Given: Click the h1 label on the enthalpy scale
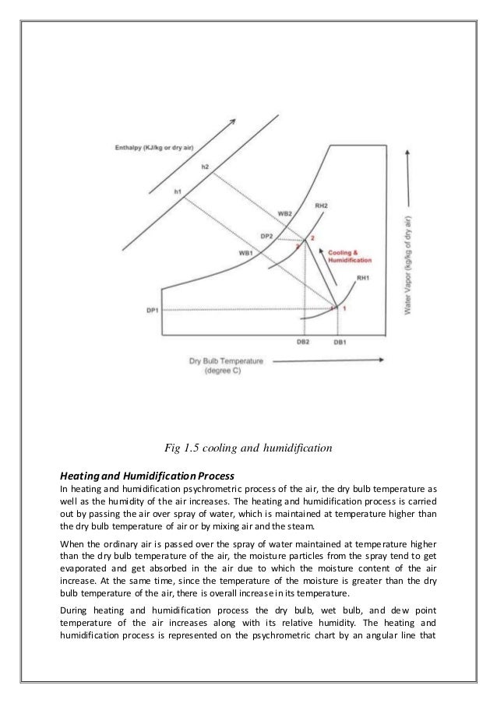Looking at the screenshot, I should point(178,192).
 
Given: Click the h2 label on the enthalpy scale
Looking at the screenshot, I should point(205,167).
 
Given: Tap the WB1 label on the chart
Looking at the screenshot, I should point(246,252).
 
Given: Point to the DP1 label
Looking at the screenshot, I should point(153,310).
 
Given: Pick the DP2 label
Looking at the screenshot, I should point(266,237).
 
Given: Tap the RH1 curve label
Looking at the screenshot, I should point(363,278).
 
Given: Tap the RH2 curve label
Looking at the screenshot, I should point(321,206).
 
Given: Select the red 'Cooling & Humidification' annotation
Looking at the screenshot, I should point(350,256).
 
